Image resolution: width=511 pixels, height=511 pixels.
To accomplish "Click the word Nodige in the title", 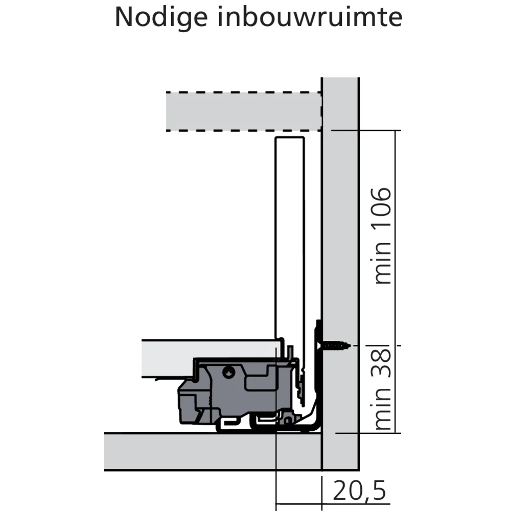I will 160,18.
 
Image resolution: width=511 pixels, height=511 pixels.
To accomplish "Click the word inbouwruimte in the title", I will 310,18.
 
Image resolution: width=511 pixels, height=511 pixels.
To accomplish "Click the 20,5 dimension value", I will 359,492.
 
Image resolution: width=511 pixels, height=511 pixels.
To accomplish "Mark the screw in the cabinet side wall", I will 335,346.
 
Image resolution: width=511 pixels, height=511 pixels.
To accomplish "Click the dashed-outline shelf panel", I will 243,111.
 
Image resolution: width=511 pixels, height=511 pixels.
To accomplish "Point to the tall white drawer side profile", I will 290,230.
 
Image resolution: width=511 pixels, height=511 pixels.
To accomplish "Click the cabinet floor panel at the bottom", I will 212,451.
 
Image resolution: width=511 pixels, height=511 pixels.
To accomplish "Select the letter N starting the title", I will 124,18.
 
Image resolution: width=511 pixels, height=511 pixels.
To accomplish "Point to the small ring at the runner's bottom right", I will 289,420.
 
